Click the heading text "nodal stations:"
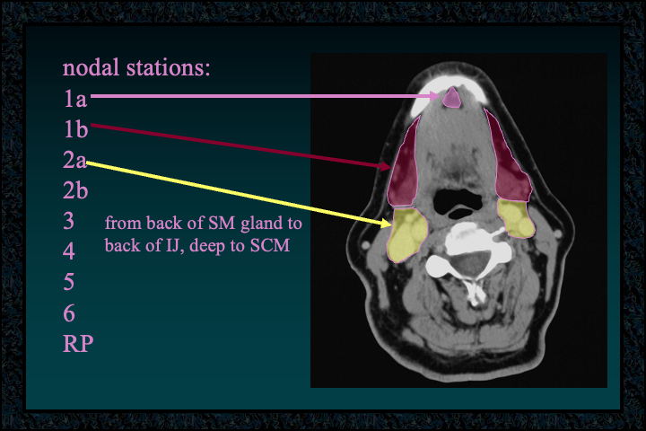point(136,67)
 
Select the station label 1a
point(75,99)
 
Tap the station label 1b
point(75,128)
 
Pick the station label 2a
point(74,160)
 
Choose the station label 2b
point(75,190)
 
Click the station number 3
point(69,221)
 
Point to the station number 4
point(69,251)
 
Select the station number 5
point(69,282)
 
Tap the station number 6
point(69,313)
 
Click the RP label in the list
point(78,344)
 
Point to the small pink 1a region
point(451,98)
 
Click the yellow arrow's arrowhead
point(385,223)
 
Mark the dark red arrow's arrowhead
point(385,166)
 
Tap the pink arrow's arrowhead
point(435,96)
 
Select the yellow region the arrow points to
point(407,234)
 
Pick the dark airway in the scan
point(459,203)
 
